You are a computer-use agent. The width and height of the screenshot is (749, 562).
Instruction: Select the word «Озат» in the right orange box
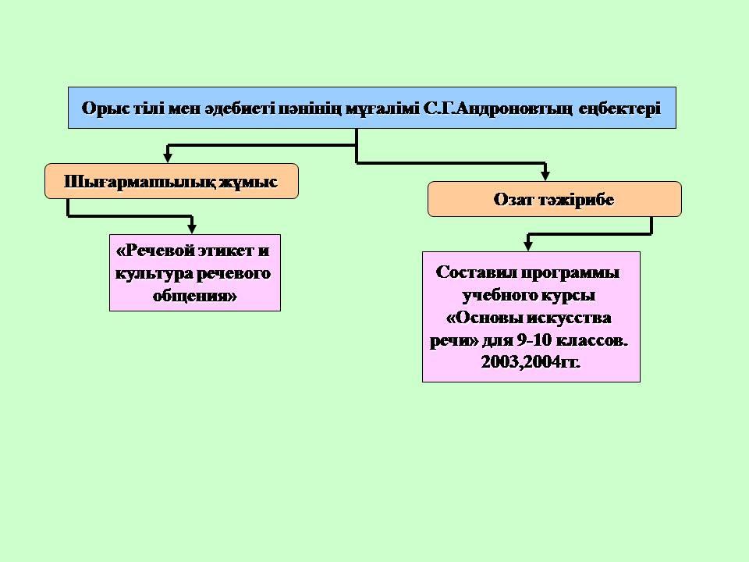point(513,199)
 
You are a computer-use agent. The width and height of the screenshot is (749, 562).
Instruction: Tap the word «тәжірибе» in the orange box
point(576,200)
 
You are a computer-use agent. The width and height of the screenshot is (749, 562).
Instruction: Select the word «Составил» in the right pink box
point(476,272)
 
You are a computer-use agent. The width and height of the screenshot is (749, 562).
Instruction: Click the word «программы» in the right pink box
point(570,273)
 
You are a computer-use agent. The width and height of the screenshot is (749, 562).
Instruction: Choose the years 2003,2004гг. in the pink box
point(531,362)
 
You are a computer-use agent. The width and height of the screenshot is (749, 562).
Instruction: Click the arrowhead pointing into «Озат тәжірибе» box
point(545,176)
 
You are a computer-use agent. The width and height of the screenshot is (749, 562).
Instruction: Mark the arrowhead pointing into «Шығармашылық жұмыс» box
point(168,157)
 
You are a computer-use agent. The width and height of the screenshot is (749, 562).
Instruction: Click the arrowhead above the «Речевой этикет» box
point(192,228)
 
